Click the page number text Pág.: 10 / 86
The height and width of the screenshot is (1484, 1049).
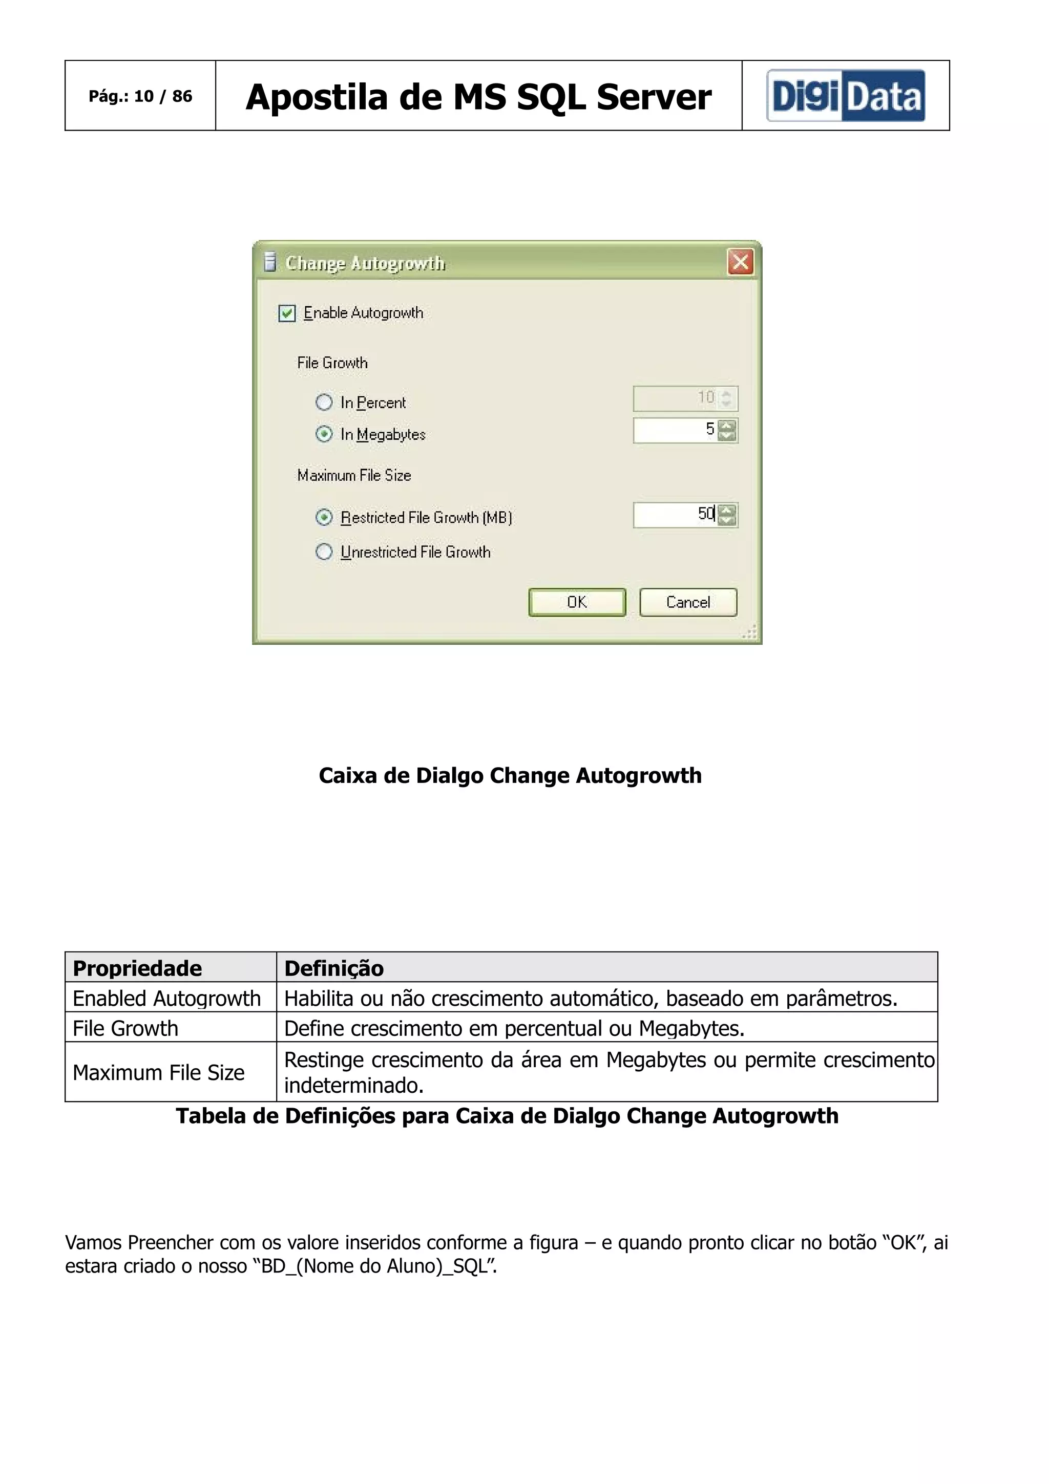pyautogui.click(x=140, y=96)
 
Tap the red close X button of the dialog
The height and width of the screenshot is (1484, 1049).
pyautogui.click(x=740, y=262)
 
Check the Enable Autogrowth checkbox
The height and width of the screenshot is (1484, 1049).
pyautogui.click(x=287, y=313)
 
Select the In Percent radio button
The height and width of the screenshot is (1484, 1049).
pyautogui.click(x=324, y=402)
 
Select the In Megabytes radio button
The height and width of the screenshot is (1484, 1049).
pyautogui.click(x=324, y=434)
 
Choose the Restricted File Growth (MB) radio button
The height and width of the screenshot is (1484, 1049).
pyautogui.click(x=324, y=517)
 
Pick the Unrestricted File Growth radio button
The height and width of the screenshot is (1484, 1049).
pyautogui.click(x=324, y=552)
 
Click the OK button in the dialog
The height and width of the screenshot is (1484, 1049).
pyautogui.click(x=577, y=602)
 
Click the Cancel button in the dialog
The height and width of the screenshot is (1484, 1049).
pyautogui.click(x=688, y=602)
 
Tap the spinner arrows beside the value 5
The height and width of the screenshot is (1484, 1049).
pyautogui.click(x=727, y=431)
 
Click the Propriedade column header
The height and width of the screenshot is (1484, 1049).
pyautogui.click(x=137, y=968)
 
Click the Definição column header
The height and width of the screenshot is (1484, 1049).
pyautogui.click(x=333, y=968)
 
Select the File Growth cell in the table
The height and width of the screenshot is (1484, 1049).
pyautogui.click(x=125, y=1028)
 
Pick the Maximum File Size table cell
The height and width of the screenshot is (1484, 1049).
pyautogui.click(x=158, y=1072)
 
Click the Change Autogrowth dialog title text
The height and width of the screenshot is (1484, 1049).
pyautogui.click(x=365, y=263)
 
